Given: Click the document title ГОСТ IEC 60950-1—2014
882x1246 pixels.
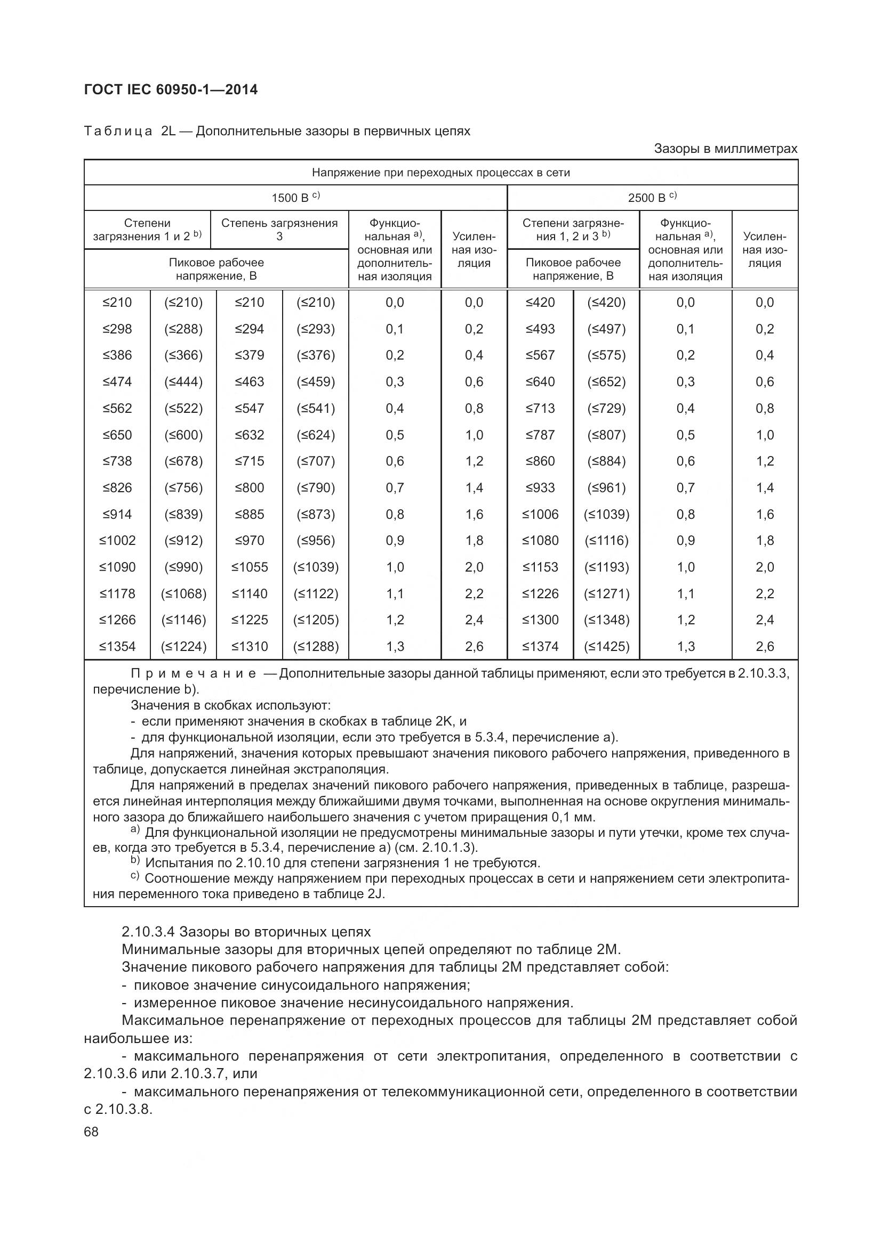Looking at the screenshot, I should click(171, 89).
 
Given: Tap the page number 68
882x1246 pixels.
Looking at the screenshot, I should click(91, 1131).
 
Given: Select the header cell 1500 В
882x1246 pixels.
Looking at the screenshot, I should click(295, 198).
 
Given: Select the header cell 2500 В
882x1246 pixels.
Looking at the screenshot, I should click(652, 198).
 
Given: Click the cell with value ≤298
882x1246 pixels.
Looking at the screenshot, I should click(117, 329).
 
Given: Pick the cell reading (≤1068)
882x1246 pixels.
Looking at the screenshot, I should click(183, 593).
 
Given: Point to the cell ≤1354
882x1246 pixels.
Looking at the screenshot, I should click(117, 646).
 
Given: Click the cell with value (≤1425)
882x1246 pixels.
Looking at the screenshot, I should click(607, 646).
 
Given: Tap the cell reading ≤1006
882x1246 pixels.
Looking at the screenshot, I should click(540, 514).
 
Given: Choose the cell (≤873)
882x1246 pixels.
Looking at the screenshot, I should click(316, 514).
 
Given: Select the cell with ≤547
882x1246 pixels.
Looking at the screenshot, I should click(249, 408).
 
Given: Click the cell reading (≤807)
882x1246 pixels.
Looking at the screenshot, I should click(607, 435).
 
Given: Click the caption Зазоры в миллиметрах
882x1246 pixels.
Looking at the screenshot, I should click(726, 149).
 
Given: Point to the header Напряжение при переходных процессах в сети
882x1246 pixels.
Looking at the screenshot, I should click(440, 173).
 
